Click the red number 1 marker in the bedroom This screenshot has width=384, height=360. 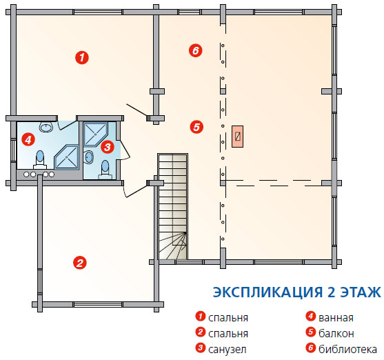click(82, 58)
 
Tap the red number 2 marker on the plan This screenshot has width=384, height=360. click(80, 263)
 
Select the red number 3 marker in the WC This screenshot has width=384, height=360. click(108, 147)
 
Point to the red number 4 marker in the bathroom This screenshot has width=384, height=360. click(28, 139)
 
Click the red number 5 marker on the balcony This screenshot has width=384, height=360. click(196, 127)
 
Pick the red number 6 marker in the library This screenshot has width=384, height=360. click(195, 50)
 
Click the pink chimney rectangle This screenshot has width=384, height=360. click(238, 137)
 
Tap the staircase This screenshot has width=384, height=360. click(172, 206)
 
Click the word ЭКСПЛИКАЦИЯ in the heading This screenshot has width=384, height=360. click(267, 292)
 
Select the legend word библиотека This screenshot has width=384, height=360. click(347, 349)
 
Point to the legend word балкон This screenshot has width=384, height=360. click(336, 333)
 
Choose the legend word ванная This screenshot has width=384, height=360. click(336, 318)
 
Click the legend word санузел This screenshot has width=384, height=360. click(228, 350)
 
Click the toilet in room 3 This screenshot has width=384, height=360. click(105, 170)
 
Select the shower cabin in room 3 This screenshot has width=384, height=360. click(96, 134)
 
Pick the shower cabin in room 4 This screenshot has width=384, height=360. click(67, 157)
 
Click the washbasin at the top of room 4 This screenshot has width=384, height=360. click(46, 127)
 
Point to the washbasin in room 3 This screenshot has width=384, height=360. click(89, 157)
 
